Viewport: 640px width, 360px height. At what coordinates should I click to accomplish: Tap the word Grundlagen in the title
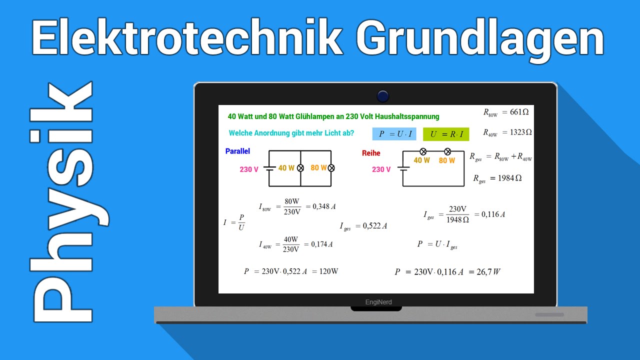[480, 39]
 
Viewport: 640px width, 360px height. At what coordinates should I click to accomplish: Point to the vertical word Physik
[62, 202]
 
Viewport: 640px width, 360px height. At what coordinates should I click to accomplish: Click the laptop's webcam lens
[383, 96]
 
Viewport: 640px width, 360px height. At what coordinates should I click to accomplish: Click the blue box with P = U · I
[394, 134]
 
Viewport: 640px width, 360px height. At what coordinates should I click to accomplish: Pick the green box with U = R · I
[446, 134]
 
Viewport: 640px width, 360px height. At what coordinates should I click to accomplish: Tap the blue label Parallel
[237, 151]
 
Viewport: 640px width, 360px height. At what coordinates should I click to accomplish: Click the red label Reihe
[371, 153]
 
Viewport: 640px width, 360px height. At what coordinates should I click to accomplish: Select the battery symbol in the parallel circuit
[269, 168]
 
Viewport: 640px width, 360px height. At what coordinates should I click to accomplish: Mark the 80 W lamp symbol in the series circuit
[447, 151]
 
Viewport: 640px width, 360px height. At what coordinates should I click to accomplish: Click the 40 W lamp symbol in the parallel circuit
[300, 168]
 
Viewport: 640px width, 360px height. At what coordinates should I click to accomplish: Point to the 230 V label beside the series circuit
[381, 169]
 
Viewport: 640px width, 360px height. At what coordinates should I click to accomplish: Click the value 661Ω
[519, 112]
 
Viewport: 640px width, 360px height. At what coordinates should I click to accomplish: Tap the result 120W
[328, 271]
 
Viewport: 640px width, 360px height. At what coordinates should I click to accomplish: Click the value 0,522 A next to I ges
[374, 226]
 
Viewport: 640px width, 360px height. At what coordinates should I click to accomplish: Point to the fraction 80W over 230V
[292, 206]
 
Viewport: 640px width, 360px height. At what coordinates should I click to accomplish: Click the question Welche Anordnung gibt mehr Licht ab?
[291, 133]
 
